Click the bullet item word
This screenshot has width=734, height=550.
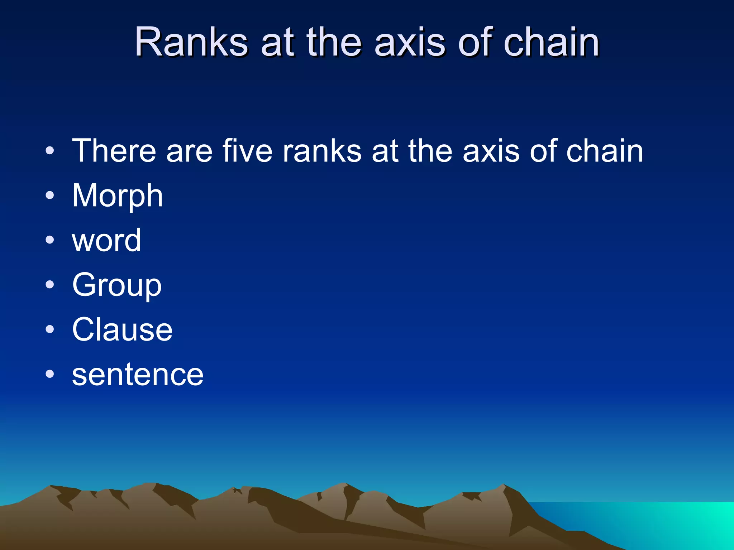click(x=106, y=240)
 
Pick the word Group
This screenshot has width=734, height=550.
click(x=117, y=285)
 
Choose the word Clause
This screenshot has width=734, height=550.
click(x=122, y=330)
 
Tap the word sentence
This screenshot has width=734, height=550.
click(x=138, y=375)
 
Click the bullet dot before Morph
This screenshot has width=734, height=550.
click(x=50, y=196)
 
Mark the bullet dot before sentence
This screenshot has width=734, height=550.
click(x=50, y=375)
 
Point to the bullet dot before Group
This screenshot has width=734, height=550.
click(x=50, y=285)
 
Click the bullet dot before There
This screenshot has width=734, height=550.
click(x=50, y=151)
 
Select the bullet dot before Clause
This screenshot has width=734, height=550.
click(x=50, y=330)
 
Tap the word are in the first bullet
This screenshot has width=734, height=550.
click(x=189, y=151)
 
